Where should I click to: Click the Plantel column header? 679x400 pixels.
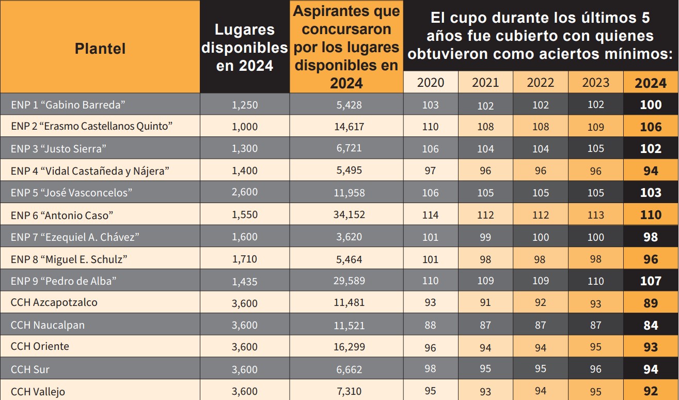point(100,49)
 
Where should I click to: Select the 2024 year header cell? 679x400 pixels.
point(651,83)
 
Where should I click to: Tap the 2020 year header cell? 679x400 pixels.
point(430,83)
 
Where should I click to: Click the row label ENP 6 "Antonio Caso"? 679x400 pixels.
point(62,214)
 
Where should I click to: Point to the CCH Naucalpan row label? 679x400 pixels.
point(48,325)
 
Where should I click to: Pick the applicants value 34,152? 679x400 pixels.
point(349,214)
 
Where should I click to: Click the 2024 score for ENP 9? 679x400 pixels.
point(651,281)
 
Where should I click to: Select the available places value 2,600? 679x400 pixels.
point(245,192)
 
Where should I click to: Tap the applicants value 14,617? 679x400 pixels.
point(349,127)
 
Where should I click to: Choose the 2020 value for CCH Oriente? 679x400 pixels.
point(430,347)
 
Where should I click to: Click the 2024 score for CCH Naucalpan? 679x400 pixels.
point(651,325)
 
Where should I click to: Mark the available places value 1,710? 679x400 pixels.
point(245,259)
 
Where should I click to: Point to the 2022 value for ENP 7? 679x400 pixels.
point(540,237)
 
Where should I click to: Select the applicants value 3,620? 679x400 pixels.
point(349,237)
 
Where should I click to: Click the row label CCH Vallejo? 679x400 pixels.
point(38,391)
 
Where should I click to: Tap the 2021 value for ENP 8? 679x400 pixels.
point(485,259)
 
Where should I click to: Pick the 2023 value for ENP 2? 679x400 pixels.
point(595,127)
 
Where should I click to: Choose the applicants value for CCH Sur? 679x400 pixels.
point(349,370)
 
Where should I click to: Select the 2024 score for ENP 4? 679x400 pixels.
point(651,171)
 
